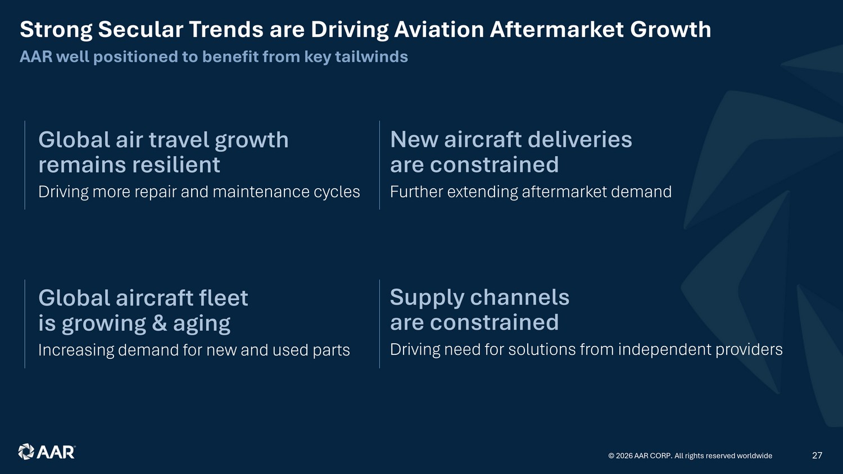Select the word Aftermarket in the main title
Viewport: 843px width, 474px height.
[x=556, y=29]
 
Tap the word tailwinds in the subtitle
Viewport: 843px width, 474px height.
[x=371, y=57]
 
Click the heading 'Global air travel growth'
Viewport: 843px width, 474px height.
[x=164, y=140]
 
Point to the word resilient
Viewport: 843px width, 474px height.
[x=176, y=165]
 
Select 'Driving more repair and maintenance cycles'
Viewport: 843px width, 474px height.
[x=199, y=192]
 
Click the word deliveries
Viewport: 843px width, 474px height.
[x=579, y=140]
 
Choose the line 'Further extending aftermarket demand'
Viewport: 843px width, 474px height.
[x=531, y=192]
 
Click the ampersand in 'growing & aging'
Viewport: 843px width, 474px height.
[x=160, y=323]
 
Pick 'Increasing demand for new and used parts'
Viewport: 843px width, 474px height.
[x=194, y=350]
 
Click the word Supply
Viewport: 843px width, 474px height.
[x=427, y=298]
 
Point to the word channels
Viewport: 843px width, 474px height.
[x=520, y=297]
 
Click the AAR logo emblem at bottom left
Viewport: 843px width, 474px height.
[x=26, y=452]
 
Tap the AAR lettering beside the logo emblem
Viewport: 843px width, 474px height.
[x=56, y=452]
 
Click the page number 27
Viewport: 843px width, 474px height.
[x=817, y=455]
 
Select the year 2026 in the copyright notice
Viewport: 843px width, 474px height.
[x=624, y=456]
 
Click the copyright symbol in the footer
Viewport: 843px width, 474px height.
[x=611, y=456]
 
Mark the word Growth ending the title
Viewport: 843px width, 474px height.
[x=670, y=29]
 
